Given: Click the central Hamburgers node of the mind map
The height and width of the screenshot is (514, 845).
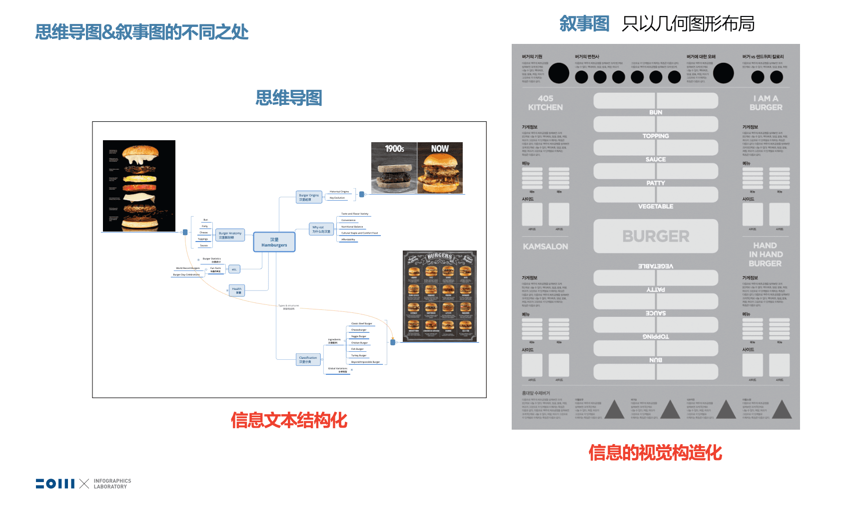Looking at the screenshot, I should (x=274, y=242).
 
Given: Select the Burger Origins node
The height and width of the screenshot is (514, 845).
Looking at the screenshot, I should (x=309, y=197).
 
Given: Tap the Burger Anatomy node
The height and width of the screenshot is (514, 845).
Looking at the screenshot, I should (x=230, y=235).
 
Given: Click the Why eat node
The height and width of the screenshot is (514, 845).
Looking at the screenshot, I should (x=321, y=229).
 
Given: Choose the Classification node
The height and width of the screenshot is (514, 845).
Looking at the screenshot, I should (x=308, y=359).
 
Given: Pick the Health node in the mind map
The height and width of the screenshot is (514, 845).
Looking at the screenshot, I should (x=237, y=290).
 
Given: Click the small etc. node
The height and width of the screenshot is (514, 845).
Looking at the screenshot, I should (x=234, y=269).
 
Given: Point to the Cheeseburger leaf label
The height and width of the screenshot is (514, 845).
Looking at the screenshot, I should (x=359, y=330).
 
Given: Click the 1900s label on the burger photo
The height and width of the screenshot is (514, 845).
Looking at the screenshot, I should (x=394, y=149).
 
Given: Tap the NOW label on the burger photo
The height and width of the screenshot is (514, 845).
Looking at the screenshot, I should (x=440, y=149).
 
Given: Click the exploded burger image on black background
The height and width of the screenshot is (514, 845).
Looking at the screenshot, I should (x=139, y=186).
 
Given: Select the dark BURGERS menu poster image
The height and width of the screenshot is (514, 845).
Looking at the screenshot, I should (x=440, y=296).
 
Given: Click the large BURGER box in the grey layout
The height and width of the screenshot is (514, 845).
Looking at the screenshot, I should (x=656, y=236).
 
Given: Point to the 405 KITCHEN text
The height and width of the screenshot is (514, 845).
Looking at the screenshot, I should (x=545, y=103).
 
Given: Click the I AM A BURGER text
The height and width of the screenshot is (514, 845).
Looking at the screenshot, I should (x=766, y=103).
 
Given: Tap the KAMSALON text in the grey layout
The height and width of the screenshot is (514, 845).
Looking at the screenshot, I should (x=545, y=247).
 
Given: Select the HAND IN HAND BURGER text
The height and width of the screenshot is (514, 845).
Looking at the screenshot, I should (x=765, y=255).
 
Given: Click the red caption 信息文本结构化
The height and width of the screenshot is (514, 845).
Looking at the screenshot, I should (x=289, y=420).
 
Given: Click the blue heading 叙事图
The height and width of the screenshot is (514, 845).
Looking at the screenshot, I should (x=584, y=23).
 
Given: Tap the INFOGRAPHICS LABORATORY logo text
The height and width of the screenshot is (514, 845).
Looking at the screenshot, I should (x=112, y=484).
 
